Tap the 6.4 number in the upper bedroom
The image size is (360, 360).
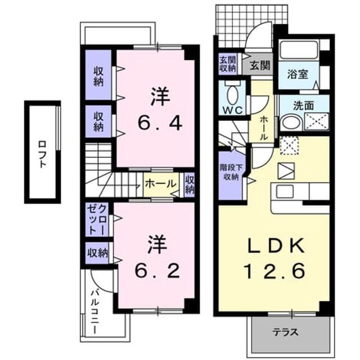point(160,124)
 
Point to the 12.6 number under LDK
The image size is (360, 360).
point(275,271)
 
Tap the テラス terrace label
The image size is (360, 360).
point(286,332)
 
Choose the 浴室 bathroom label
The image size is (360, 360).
point(298,74)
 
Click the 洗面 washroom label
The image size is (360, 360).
point(304,105)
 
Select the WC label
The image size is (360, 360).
point(233,110)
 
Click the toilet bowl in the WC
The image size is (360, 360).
point(233,93)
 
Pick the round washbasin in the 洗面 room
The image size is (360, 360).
point(291,123)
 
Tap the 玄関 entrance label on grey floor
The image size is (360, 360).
point(260,66)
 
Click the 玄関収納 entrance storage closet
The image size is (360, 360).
point(227,64)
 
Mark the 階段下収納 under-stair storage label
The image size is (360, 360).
point(230,172)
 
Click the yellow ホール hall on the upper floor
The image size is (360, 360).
point(161,184)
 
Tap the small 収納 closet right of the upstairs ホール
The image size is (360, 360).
point(190,184)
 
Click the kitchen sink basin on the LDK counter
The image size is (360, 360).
point(285,191)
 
